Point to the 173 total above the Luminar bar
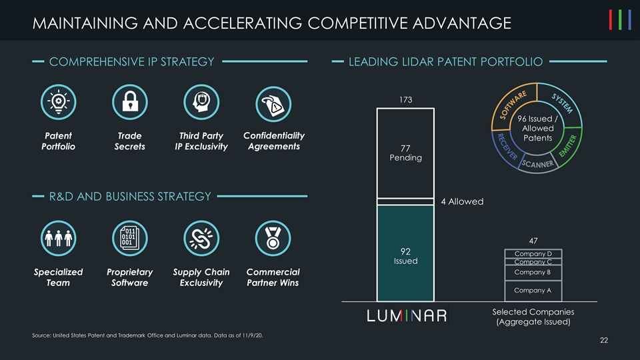405,100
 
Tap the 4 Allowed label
461,201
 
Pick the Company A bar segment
532,290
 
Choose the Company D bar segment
532,253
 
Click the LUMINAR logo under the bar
407,315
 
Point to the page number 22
603,341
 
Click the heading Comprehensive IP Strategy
132,62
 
